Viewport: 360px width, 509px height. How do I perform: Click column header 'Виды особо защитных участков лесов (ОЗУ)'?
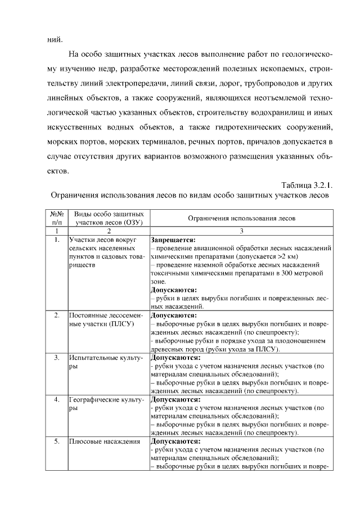(108, 218)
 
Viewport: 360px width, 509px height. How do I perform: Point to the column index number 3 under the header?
(241, 231)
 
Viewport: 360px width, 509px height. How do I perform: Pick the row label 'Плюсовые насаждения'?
(104, 442)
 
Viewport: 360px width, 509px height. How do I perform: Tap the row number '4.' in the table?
(56, 399)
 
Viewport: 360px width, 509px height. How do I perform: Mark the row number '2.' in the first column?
(56, 316)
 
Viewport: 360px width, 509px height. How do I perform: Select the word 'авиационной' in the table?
(214, 247)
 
